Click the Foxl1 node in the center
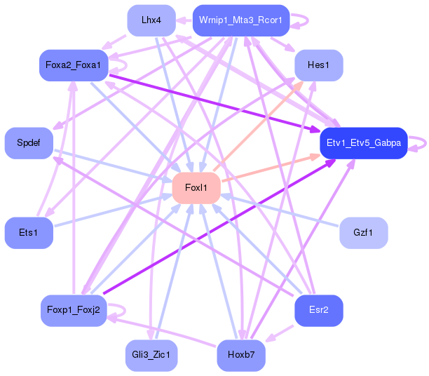pyautogui.click(x=196, y=187)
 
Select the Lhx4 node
pyautogui.click(x=151, y=20)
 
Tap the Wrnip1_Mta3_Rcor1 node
pyautogui.click(x=240, y=20)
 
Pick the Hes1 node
pyautogui.click(x=318, y=65)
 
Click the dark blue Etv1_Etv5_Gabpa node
pyautogui.click(x=363, y=143)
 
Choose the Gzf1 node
pyautogui.click(x=363, y=232)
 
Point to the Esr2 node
pyautogui.click(x=318, y=310)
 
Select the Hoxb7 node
pyautogui.click(x=240, y=355)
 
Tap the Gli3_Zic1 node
pyautogui.click(x=151, y=355)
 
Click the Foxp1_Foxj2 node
pyautogui.click(x=73, y=310)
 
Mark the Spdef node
pyautogui.click(x=29, y=143)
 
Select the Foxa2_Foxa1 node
pyautogui.click(x=73, y=65)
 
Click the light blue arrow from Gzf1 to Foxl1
pyautogui.click(x=280, y=210)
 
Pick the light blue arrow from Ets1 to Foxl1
pyautogui.click(x=112, y=210)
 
